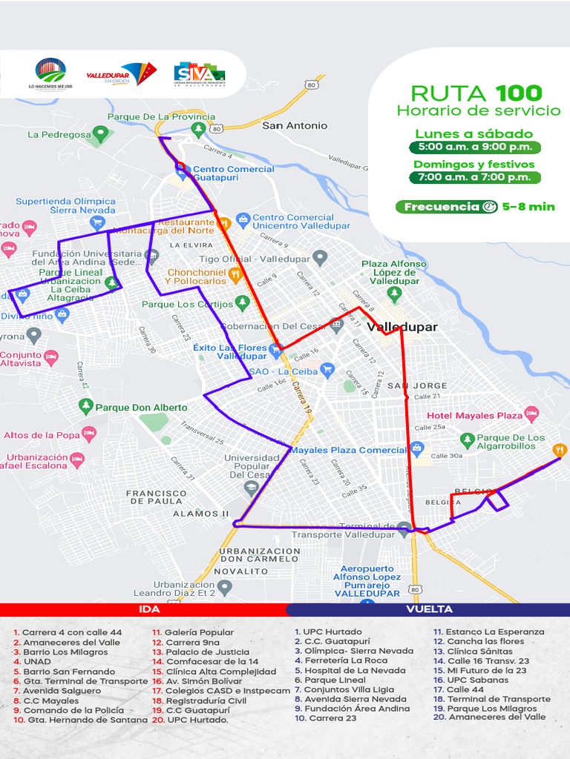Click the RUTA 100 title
tap(476, 93)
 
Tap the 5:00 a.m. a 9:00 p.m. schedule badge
tap(475, 147)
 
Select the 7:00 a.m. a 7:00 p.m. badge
tap(475, 177)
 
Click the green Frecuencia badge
tap(447, 207)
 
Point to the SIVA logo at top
tap(198, 73)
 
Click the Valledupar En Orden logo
tap(122, 73)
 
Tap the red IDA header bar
tap(148, 609)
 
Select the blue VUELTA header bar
tap(429, 609)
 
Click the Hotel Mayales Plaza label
tap(475, 415)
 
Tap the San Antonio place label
tap(295, 126)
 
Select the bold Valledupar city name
tap(402, 327)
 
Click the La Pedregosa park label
tap(59, 135)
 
